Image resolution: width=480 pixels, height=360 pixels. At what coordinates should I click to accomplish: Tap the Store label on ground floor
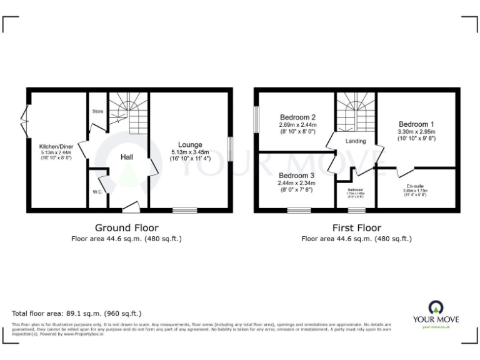tap(98, 112)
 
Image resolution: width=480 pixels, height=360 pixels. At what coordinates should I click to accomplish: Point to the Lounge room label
tap(189, 145)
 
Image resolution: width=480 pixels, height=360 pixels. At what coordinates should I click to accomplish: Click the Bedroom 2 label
tap(297, 117)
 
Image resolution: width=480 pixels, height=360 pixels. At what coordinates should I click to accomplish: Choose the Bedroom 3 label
tap(297, 176)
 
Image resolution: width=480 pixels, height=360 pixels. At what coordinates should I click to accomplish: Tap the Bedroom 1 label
tap(416, 124)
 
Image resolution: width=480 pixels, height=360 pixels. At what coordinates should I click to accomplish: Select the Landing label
tap(355, 141)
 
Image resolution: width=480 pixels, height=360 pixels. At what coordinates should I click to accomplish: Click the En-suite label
tap(415, 186)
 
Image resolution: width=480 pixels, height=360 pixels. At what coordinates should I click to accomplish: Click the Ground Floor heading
tap(126, 227)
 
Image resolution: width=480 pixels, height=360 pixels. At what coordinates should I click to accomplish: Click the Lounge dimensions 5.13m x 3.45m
tap(191, 152)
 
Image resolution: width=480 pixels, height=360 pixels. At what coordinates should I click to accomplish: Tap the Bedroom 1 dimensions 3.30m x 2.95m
tap(416, 131)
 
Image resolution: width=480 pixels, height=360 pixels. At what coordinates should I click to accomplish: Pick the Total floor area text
tap(77, 313)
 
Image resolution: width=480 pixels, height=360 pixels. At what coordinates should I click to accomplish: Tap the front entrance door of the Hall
tap(131, 206)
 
